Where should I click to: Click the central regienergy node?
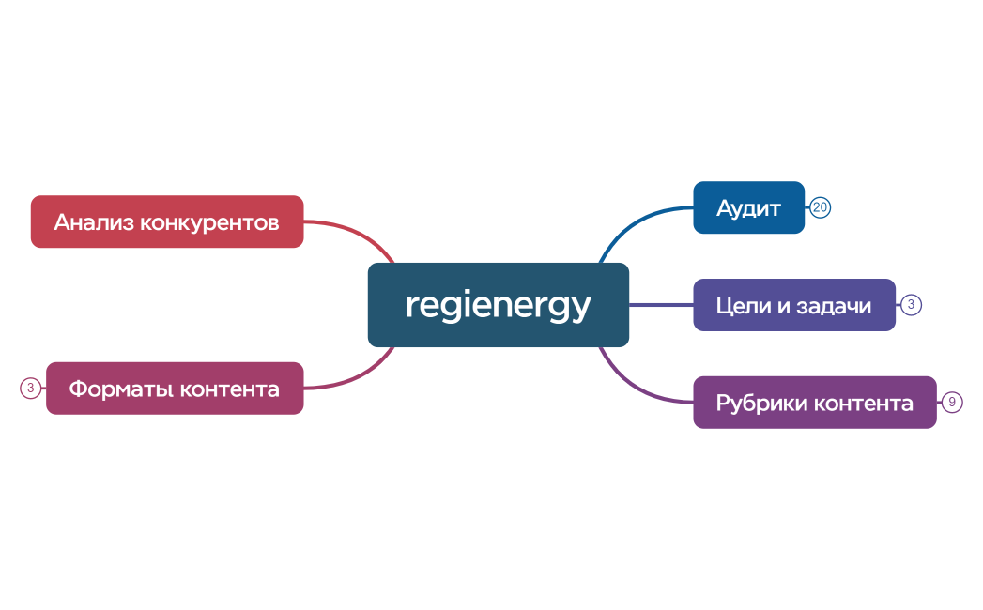(x=498, y=305)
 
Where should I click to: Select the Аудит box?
(x=748, y=207)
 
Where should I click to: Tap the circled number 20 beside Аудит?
(x=821, y=207)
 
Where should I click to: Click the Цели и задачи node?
(x=793, y=305)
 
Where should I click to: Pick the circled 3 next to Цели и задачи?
(x=911, y=304)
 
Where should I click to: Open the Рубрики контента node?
(x=814, y=403)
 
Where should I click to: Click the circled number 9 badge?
(x=952, y=403)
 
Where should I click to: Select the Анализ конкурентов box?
(x=167, y=221)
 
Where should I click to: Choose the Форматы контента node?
(x=175, y=388)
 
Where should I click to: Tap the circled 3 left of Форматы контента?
(x=31, y=388)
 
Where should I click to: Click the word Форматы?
(x=119, y=389)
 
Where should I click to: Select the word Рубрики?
(x=760, y=404)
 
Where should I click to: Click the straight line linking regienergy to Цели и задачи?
(x=661, y=305)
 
